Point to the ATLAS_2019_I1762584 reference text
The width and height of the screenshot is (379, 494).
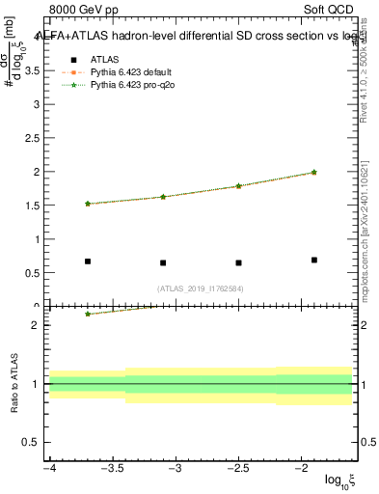[x=202, y=288]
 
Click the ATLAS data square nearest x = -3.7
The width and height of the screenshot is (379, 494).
[x=88, y=261]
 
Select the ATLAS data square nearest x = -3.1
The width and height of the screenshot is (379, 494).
[x=163, y=262]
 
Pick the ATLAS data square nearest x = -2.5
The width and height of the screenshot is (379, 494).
[x=238, y=262]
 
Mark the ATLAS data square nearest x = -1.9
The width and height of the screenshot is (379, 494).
[x=314, y=260]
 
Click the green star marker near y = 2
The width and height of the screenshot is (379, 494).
[x=314, y=172]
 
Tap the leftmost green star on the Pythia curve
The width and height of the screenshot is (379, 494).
[x=88, y=204]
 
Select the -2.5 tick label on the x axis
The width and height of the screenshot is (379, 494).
[x=237, y=468]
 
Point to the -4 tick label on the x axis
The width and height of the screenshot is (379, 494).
[x=48, y=468]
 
